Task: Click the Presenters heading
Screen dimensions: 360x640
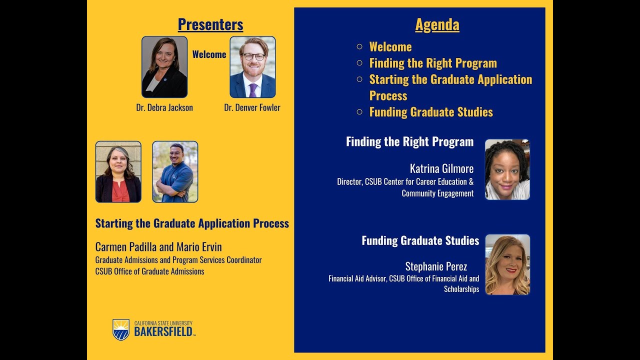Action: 210,24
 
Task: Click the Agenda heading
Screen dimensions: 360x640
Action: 437,24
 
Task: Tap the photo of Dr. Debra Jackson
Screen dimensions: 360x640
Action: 164,67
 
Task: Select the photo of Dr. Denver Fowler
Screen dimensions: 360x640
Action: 252,67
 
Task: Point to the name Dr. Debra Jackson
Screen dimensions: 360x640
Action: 164,107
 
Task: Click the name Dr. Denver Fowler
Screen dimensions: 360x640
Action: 252,107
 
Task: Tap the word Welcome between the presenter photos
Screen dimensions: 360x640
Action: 209,54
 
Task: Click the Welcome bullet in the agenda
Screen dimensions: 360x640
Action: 390,47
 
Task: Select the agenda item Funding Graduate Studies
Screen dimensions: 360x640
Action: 431,112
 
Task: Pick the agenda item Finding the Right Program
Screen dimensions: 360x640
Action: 433,63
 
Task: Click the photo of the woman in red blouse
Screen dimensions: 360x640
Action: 118,171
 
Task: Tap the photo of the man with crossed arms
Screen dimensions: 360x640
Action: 175,171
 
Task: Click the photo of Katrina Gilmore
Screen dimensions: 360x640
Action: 507,169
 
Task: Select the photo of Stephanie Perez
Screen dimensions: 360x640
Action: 507,264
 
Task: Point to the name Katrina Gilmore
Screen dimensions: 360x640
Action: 441,168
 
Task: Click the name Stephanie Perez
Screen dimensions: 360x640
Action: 436,266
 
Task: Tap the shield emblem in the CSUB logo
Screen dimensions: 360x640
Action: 121,329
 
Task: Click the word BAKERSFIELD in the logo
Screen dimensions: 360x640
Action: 164,332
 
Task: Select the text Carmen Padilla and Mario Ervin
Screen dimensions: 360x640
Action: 158,247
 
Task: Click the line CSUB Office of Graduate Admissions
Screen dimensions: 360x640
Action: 150,271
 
